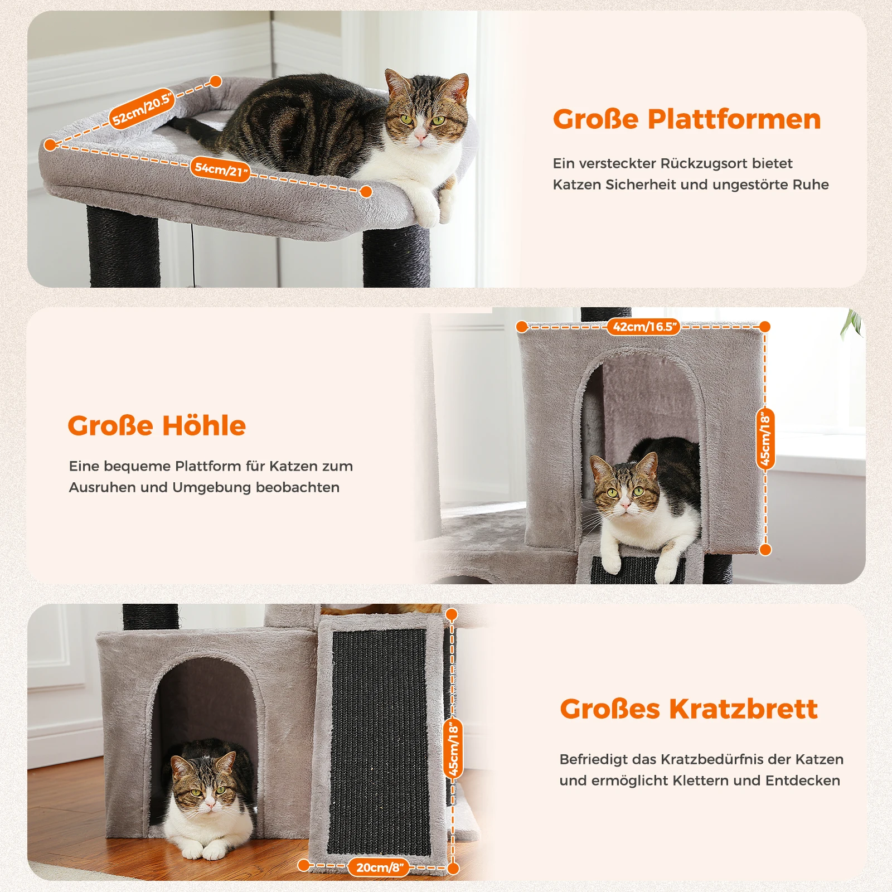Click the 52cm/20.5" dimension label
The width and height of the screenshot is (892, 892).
point(142,109)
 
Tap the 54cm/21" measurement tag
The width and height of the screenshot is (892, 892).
point(221,169)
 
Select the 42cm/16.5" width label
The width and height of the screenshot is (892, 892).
point(644,327)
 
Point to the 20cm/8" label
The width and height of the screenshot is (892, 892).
point(380,867)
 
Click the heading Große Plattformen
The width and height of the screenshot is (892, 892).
point(687,119)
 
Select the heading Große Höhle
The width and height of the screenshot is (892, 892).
point(157,425)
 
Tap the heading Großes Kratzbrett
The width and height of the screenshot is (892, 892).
point(689,709)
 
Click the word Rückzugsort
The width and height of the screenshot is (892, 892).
point(704,163)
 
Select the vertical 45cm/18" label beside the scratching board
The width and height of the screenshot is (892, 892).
point(454,749)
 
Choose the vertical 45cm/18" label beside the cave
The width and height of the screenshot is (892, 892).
point(765,438)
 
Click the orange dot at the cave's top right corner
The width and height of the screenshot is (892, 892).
point(765,327)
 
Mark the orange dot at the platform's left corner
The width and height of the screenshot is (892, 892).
point(50,145)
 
